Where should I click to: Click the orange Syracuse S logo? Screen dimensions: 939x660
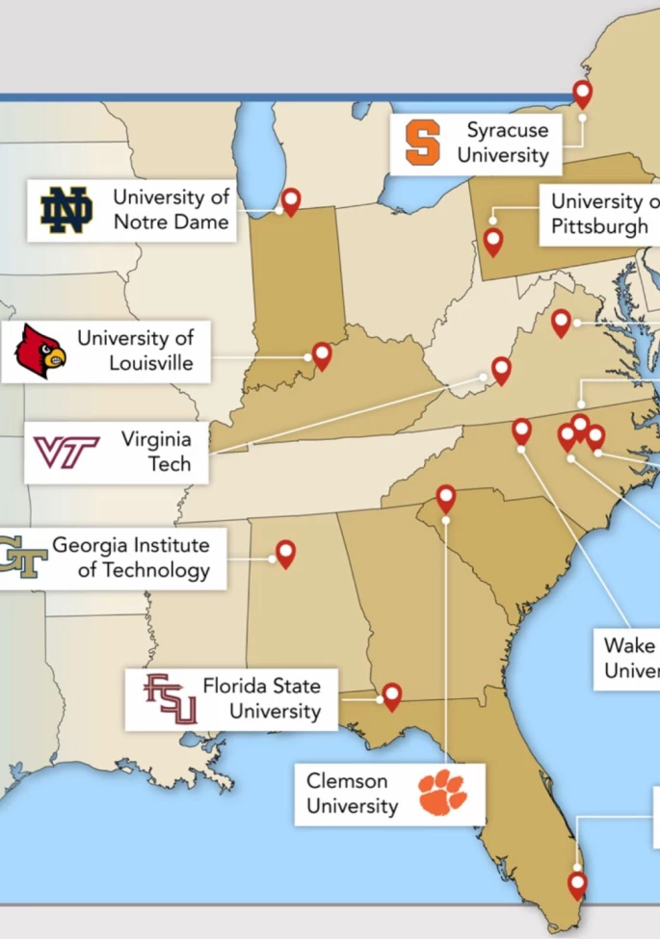coord(422,143)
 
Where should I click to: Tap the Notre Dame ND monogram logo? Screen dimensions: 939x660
coord(66,210)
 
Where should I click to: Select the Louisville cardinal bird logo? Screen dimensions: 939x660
coord(40,351)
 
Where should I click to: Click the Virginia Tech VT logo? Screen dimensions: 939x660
coord(66,452)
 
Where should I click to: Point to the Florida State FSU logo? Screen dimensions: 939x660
coord(171,699)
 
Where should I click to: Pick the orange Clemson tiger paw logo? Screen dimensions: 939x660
coord(441,792)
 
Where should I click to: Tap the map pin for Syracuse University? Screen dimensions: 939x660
coord(582,92)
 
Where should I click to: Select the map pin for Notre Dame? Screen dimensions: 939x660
coord(290,200)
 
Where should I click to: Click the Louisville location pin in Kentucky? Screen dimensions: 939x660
coord(322,355)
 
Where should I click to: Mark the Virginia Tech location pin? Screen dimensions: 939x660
coord(501,369)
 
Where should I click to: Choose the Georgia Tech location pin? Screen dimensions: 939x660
coord(285,553)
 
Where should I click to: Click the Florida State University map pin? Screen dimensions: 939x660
coord(391,695)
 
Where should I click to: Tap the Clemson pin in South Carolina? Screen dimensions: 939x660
coord(445,498)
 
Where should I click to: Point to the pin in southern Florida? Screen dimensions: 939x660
coord(577,883)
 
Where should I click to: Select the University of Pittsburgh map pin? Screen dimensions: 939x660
coord(493,240)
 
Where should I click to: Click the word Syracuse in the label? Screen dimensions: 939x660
coord(508,129)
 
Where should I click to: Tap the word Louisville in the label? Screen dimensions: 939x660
coord(151,364)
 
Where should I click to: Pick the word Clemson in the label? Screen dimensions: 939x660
coord(347,781)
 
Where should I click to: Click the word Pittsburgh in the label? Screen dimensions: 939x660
coord(600,226)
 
